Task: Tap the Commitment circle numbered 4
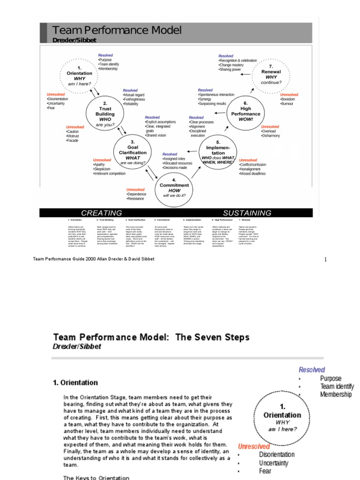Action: pos(174,188)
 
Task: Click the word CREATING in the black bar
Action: pos(102,213)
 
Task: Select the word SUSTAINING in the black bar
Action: pos(247,213)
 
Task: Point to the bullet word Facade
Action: pos(73,141)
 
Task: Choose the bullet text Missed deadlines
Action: pos(253,174)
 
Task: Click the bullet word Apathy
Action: pos(100,165)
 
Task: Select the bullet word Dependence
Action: pos(137,194)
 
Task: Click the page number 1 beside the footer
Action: pos(326,259)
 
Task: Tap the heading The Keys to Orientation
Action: pos(96,478)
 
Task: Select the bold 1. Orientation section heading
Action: pos(75,382)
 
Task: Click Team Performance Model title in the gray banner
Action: pos(117,31)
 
